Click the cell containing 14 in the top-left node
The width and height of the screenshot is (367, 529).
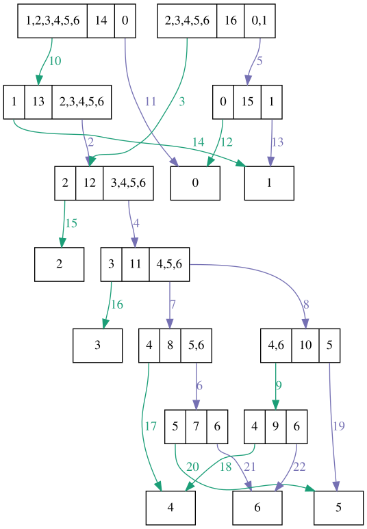(101, 21)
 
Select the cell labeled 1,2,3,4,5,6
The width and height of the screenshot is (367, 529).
(52, 21)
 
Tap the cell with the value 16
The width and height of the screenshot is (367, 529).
(231, 21)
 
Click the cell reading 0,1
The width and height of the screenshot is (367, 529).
(260, 21)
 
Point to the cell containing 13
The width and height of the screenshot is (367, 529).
(38, 102)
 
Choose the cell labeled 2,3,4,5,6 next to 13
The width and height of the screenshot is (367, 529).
(82, 102)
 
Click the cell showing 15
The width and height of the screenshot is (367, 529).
(247, 102)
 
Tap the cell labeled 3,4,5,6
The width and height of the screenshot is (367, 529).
(128, 183)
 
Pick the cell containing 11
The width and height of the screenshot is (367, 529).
(136, 264)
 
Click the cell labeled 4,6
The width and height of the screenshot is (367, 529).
(276, 346)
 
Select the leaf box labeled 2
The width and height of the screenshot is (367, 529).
(60, 264)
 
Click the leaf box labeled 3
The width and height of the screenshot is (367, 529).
(98, 346)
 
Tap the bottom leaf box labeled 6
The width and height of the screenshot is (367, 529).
(257, 508)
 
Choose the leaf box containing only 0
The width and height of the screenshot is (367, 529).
(195, 183)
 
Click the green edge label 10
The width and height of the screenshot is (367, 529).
(55, 61)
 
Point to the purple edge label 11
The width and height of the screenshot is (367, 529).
(151, 102)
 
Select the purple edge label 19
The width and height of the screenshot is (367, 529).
(338, 426)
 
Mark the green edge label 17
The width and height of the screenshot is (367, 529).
(151, 426)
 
